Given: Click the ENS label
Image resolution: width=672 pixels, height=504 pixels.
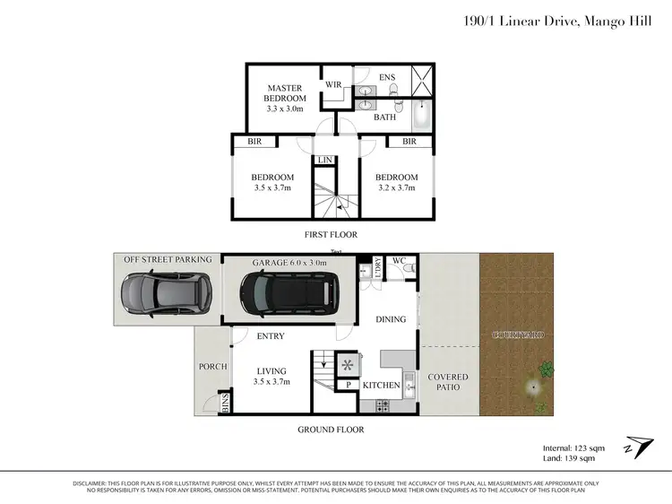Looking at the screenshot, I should tap(386, 79).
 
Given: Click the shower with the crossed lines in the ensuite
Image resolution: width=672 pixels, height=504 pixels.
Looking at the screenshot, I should tap(421, 81).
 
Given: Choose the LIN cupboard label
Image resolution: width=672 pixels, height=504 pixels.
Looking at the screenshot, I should tap(323, 161).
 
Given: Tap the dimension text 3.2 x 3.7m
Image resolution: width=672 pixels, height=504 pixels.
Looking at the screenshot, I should tap(396, 188).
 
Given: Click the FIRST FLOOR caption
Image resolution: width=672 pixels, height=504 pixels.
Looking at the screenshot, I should tap(331, 235).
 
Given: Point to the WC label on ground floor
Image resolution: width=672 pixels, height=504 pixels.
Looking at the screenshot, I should tap(401, 261).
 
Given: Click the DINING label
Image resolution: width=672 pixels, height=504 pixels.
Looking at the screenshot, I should tap(391, 319).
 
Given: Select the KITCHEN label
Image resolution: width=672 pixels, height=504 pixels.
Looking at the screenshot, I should tap(381, 385).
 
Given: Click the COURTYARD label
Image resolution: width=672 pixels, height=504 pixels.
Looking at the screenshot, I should tap(518, 335).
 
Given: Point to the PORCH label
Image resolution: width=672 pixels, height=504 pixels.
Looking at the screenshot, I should tap(211, 366).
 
